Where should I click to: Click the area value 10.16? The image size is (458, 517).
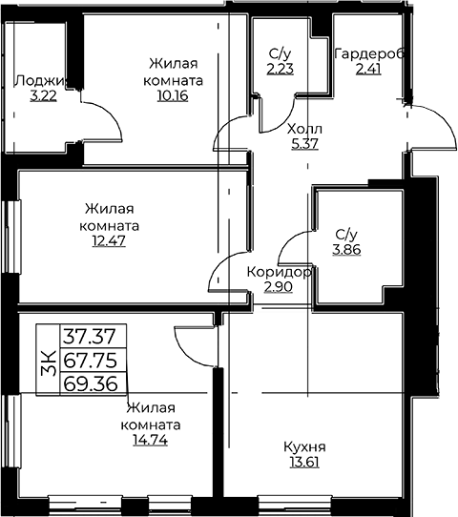173,95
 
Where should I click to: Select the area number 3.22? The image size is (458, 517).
43,96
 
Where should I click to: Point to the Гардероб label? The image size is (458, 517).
369,53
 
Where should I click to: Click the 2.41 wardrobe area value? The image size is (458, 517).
368,69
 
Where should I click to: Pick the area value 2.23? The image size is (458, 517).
281,69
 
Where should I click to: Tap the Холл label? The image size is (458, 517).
304,129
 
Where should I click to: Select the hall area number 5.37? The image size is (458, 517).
305,144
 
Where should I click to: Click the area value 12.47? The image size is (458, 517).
109,241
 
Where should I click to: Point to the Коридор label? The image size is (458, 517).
279,273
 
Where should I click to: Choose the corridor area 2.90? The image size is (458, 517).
278,287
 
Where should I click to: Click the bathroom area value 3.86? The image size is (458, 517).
346,250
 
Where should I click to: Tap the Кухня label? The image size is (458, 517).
304,447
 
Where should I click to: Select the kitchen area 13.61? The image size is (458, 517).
304,463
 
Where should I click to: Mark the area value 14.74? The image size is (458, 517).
151,440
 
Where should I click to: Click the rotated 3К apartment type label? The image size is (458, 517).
48,362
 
